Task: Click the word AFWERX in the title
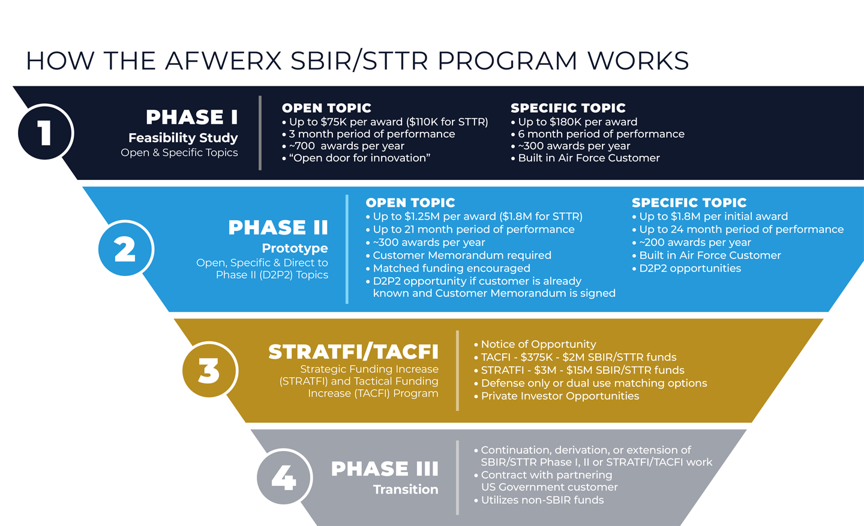[223, 61]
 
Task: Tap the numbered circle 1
[45, 133]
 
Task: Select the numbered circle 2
[125, 249]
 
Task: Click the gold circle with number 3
[209, 370]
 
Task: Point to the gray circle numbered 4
[284, 477]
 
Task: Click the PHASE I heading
[191, 117]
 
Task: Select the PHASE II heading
[278, 228]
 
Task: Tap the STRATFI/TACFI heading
[353, 351]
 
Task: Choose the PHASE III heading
[385, 468]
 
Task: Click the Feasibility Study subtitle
[183, 138]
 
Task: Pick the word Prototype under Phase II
[295, 248]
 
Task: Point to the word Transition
[406, 489]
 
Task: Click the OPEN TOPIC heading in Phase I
[326, 108]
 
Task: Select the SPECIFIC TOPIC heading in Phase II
[689, 203]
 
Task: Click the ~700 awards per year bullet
[346, 146]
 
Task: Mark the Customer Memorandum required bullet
[461, 256]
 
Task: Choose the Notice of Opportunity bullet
[538, 344]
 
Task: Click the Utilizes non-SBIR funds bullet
[542, 500]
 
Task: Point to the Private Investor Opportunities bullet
[560, 396]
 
